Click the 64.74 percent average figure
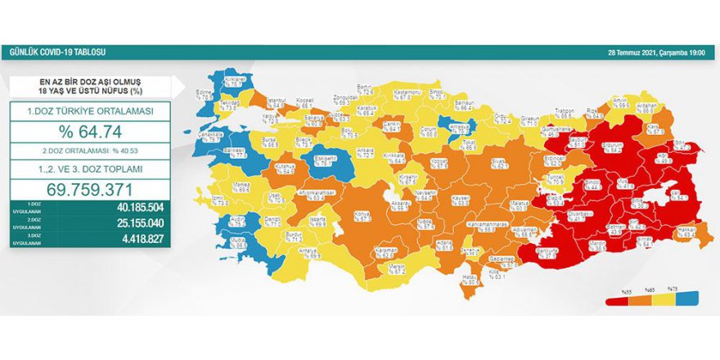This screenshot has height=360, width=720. [95, 131]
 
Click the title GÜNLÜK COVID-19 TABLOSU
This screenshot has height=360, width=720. [57, 52]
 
